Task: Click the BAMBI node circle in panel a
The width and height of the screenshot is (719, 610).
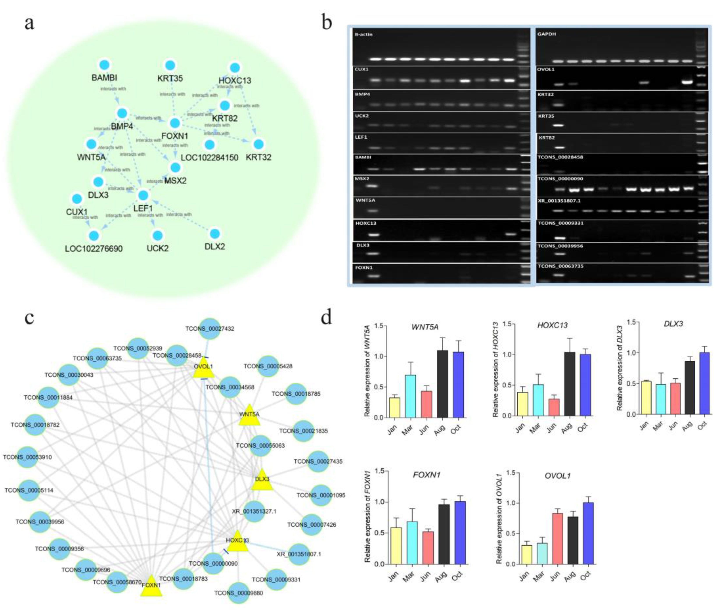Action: (104, 65)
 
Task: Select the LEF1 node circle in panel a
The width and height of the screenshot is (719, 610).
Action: (143, 195)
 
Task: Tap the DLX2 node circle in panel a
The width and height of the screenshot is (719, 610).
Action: (215, 233)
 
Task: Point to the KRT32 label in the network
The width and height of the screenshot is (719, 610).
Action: (258, 157)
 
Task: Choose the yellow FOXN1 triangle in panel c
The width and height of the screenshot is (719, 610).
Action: (151, 586)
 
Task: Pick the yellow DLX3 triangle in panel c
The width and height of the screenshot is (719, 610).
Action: (262, 480)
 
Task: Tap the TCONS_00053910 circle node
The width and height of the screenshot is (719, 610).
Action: (28, 457)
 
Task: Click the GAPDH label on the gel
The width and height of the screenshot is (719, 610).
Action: (547, 34)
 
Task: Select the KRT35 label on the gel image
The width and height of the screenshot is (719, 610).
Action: (546, 116)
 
